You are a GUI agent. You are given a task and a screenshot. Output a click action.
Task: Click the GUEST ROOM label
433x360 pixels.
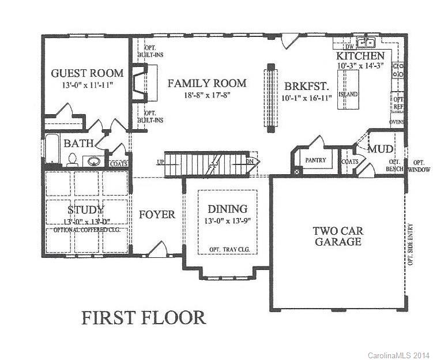pos(87,73)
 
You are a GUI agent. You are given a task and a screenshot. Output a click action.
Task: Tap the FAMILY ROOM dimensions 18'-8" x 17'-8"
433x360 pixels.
pos(206,95)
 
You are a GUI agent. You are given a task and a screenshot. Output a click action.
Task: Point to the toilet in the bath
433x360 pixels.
pos(73,159)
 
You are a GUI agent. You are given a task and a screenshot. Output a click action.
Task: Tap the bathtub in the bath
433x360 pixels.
pos(51,149)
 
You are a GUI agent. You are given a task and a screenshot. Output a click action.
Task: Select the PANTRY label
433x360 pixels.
pos(315,160)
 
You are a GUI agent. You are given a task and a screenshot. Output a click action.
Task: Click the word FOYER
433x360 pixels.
pos(157,215)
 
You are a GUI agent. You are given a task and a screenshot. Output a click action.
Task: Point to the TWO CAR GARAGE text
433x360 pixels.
pos(337,236)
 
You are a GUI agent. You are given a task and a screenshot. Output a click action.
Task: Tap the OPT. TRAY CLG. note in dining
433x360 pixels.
pos(227,249)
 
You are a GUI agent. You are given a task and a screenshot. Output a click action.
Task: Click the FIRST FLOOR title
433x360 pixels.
pos(143,317)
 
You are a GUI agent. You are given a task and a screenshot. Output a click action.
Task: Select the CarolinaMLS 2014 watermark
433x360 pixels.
pos(398,355)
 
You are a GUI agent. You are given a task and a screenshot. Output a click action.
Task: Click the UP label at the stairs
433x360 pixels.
pos(160,162)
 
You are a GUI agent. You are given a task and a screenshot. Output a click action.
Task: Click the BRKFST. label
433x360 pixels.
pos(306,86)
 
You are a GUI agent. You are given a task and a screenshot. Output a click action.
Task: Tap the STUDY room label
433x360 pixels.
pos(85,209)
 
